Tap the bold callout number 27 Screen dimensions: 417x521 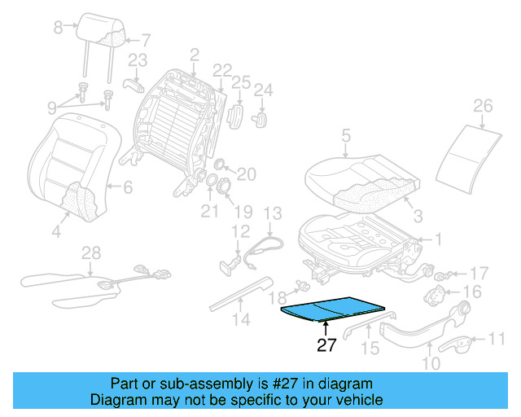(326, 345)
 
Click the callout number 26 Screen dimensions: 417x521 (483, 106)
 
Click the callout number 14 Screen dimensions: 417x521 (238, 319)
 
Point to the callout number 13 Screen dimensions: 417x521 (272, 213)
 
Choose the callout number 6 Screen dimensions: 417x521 (127, 187)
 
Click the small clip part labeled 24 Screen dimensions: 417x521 (263, 117)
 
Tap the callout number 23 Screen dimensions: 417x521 (138, 59)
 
